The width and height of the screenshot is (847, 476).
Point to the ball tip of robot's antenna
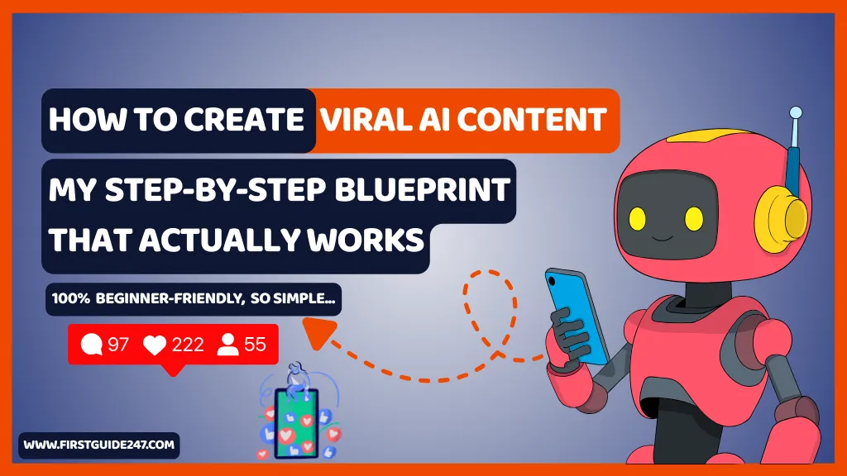[x=795, y=112]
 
